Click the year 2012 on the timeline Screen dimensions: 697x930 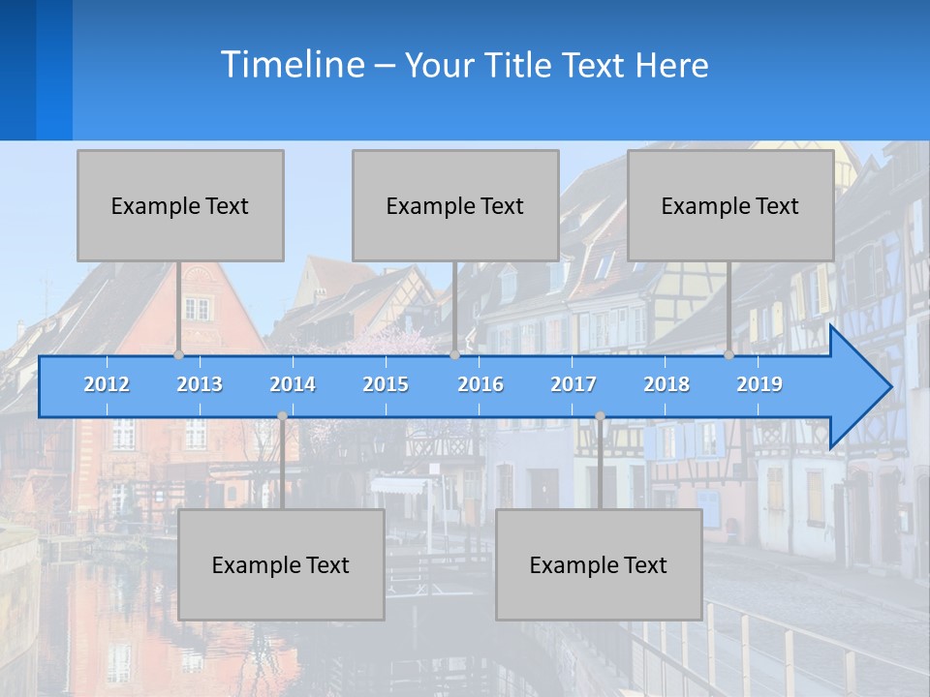(107, 384)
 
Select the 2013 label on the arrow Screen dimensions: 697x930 (200, 384)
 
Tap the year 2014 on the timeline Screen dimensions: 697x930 (293, 384)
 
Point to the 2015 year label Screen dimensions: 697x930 (386, 384)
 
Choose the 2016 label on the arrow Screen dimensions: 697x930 (480, 384)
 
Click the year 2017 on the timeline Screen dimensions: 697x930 (573, 384)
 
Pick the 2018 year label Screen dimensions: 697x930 (666, 384)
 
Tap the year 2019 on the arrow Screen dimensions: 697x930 (759, 384)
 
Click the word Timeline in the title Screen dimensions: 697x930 (292, 65)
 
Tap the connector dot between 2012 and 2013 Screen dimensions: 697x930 (178, 354)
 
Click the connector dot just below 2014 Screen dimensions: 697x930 (282, 416)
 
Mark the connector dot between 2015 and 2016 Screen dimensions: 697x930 (454, 354)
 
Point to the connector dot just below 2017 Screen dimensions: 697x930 (600, 416)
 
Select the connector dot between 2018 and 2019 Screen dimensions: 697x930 (728, 354)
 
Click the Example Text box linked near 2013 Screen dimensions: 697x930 (180, 205)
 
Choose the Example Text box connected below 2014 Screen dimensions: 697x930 (281, 564)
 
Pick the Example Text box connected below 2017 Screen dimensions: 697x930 (599, 564)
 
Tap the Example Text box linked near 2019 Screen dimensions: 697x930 (730, 205)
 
